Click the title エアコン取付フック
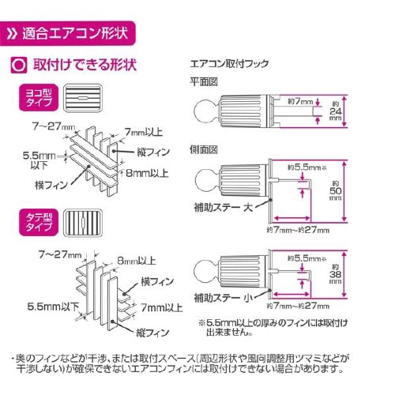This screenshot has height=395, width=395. pos(228,61)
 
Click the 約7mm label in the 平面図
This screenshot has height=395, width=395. pos(301,103)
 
